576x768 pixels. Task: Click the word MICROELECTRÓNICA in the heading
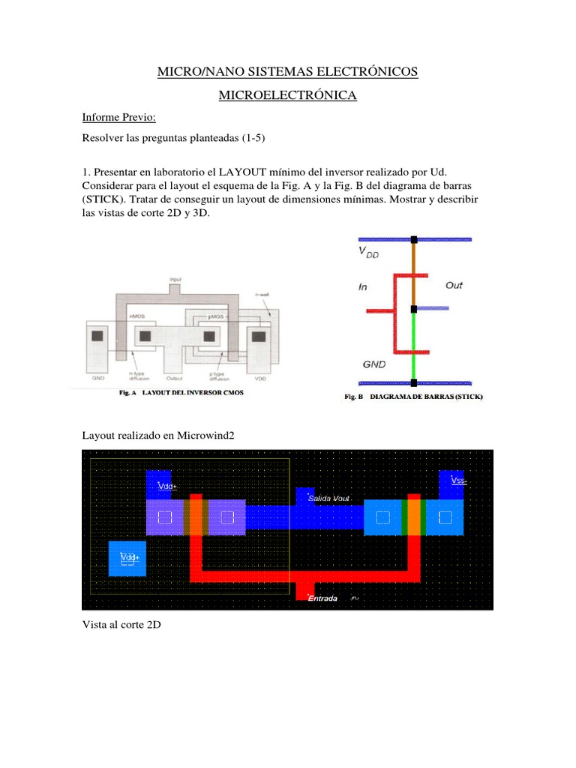pos(287,95)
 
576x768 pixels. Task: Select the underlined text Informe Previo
pos(118,118)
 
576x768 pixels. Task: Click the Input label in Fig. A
pos(175,278)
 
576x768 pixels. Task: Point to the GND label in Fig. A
pos(98,379)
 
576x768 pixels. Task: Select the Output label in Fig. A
pos(175,379)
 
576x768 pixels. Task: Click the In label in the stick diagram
pos(364,286)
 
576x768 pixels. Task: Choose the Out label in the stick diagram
pos(454,285)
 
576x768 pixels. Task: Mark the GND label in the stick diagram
pos(374,364)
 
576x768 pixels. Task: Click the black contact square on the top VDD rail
pos(413,240)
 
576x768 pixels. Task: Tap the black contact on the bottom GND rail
pos(413,382)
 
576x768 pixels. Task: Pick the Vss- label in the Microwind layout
pos(457,480)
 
